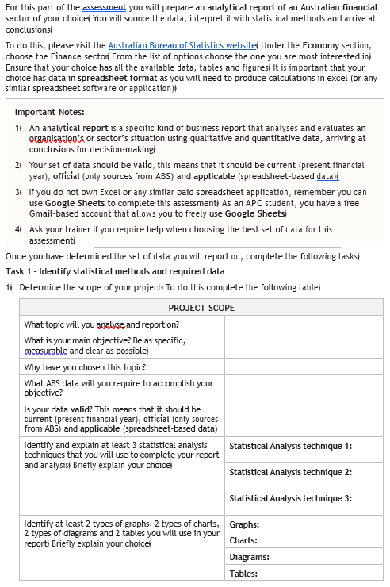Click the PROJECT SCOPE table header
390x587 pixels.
[201, 308]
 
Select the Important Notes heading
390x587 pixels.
[50, 112]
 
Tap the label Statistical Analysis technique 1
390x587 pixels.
[290, 446]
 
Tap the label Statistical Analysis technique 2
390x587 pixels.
[290, 472]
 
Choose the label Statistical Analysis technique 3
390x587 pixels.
[290, 498]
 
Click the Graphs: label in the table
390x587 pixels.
[244, 524]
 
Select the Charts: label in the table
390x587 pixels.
[244, 540]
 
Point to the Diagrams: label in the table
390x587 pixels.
[249, 557]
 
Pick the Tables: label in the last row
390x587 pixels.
[243, 574]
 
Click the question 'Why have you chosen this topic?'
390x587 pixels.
[85, 367]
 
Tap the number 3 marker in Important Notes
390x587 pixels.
[17, 192]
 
